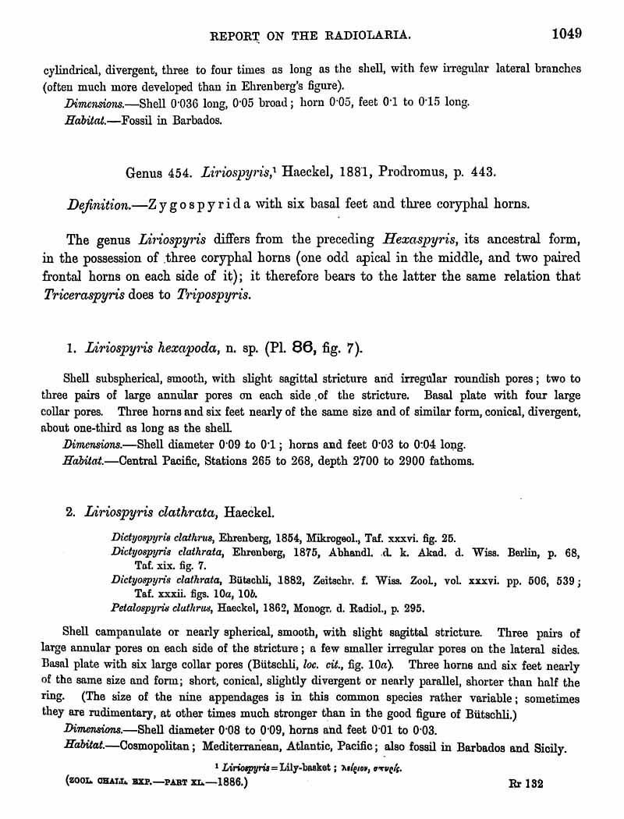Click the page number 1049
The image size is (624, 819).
click(568, 34)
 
